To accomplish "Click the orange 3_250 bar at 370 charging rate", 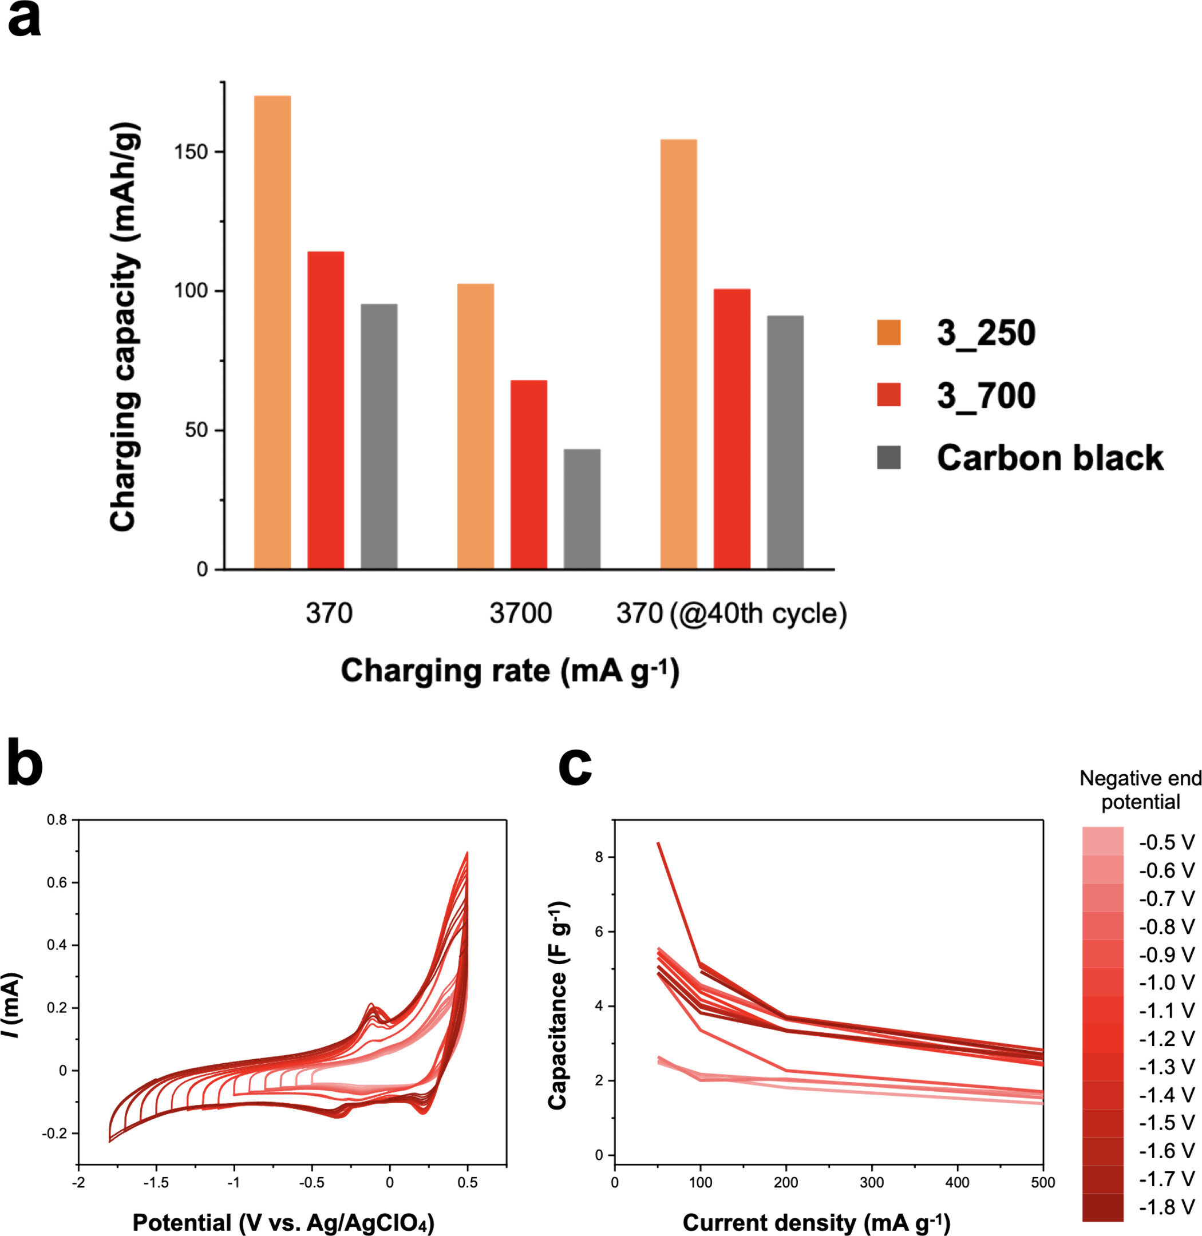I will pos(272,332).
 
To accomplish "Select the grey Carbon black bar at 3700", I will pos(582,509).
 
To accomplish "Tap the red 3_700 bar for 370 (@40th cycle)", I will pos(732,429).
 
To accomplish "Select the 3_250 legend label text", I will pos(986,332).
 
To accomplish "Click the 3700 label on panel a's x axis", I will pos(520,613).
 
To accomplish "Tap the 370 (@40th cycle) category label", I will pos(731,613).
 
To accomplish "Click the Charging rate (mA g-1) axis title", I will pos(509,671).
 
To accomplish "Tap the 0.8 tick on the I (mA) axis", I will pos(57,820).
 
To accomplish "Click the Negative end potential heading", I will pos(1140,790).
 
